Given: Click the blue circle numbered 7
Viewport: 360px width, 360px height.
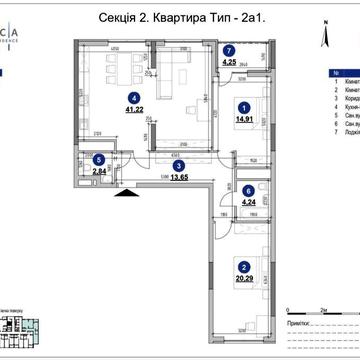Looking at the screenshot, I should click(x=229, y=50).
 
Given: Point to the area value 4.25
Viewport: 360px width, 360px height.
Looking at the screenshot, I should click(x=229, y=62).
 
